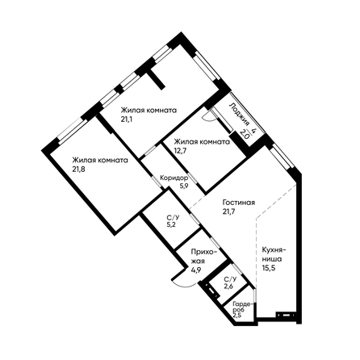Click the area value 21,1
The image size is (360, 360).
tap(125, 119)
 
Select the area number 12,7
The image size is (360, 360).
tap(180, 150)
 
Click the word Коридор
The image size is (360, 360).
tap(174, 178)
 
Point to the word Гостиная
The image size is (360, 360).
tap(239, 203)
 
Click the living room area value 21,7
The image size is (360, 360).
tap(229, 211)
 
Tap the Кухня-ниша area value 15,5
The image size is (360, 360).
tap(268, 268)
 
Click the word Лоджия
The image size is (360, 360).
tap(239, 114)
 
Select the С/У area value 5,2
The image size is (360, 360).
tap(171, 225)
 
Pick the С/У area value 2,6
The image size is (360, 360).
tap(229, 287)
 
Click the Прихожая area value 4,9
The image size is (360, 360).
tap(196, 270)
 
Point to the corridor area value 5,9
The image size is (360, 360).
tap(184, 186)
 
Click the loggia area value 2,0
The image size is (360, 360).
tap(245, 133)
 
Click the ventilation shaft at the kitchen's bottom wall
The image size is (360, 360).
tap(286, 315)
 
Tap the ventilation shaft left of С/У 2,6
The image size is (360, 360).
tap(211, 291)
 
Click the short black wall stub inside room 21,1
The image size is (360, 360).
tap(157, 78)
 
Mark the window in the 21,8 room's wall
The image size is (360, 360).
tap(73, 131)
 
